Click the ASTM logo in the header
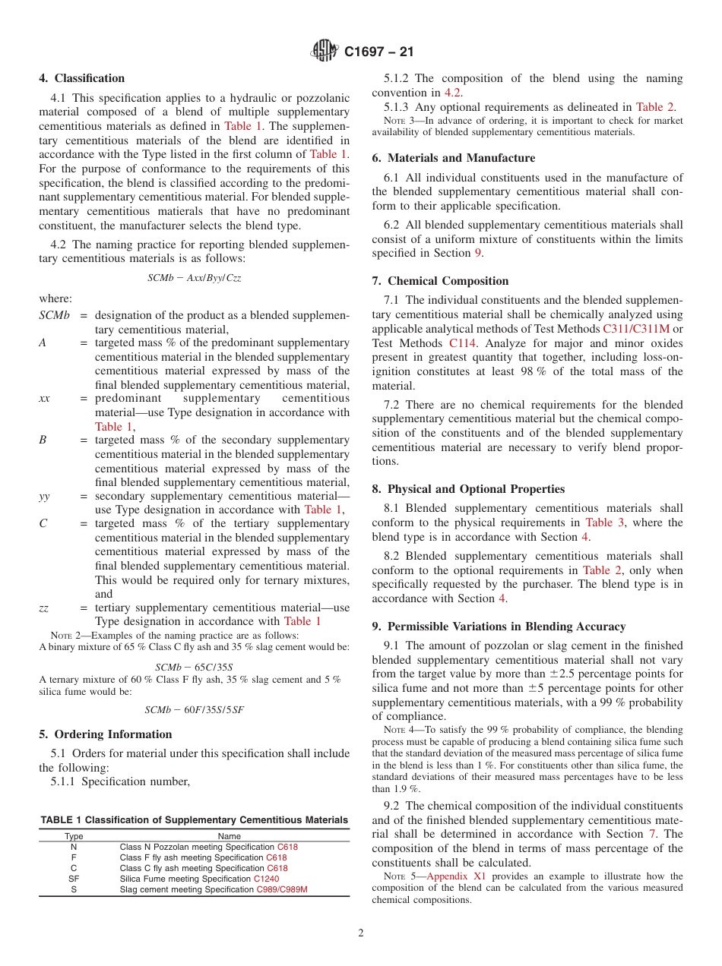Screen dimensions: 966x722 (325, 52)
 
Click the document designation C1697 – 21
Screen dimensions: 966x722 (378, 52)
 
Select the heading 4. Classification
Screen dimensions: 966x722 (81, 78)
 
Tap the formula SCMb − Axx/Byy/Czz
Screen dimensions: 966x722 (194, 278)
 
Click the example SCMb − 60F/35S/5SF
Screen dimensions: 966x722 (194, 710)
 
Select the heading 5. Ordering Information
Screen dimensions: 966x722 (105, 734)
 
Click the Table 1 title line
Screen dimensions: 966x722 (194, 820)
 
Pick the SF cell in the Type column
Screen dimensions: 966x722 (74, 879)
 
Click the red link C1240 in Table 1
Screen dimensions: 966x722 (266, 879)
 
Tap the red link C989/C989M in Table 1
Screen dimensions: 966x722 (281, 889)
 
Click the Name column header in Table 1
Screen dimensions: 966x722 (229, 836)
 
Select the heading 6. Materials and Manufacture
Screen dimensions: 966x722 (453, 158)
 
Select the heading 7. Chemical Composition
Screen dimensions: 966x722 (440, 281)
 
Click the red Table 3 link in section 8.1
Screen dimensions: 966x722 (603, 522)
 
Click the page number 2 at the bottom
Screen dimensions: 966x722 (361, 933)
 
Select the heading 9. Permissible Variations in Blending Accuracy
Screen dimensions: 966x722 (499, 627)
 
